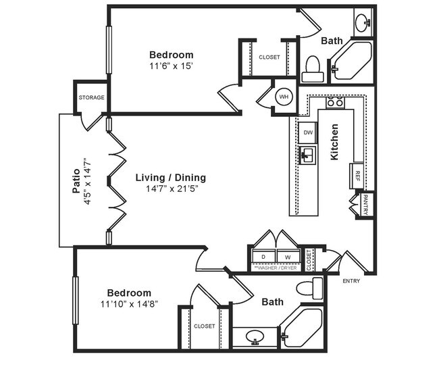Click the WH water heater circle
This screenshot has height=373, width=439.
point(284,97)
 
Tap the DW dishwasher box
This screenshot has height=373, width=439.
point(308,132)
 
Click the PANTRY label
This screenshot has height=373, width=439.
point(365,205)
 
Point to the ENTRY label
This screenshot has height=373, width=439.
point(352,281)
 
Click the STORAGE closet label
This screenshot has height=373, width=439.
point(91,97)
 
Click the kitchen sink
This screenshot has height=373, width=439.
point(307,155)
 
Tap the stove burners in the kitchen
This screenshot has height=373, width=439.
point(334,103)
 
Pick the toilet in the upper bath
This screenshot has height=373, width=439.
point(312,66)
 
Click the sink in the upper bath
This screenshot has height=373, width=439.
point(363,21)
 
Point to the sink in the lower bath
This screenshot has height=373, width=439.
point(255,336)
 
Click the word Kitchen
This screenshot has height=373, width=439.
point(334,141)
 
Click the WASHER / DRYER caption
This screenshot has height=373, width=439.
point(275,268)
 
